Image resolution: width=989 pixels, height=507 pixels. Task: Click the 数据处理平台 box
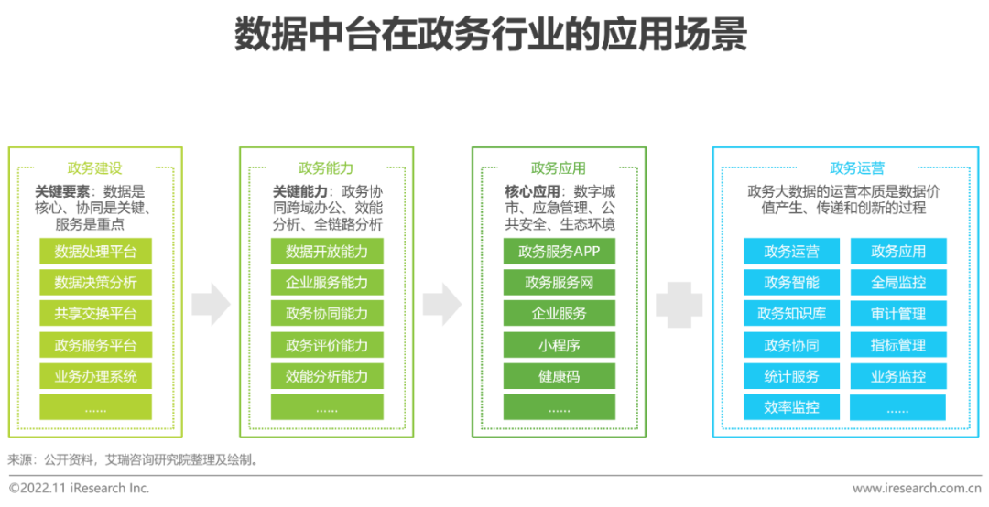(95, 252)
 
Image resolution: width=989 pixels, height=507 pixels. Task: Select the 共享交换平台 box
(95, 314)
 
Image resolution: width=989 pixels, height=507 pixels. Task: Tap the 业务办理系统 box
(95, 376)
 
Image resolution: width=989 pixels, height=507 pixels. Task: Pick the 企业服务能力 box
(327, 283)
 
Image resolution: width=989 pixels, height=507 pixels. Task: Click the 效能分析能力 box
(327, 376)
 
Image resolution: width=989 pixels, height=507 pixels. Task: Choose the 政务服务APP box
(559, 252)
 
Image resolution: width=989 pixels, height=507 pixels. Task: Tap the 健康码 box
(559, 376)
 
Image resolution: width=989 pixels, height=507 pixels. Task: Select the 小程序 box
(559, 345)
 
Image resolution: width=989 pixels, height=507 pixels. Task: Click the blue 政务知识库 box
(791, 314)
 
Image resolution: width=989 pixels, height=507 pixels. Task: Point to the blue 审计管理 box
(898, 314)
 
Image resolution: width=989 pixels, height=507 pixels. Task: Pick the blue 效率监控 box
(791, 407)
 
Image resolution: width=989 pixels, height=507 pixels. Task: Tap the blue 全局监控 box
(898, 283)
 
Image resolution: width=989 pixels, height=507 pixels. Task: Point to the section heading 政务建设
(94, 168)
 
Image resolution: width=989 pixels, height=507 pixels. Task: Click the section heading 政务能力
(326, 168)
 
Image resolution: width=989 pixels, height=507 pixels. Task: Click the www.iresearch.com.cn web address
(916, 489)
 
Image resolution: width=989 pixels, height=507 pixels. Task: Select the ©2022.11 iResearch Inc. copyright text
(80, 489)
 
